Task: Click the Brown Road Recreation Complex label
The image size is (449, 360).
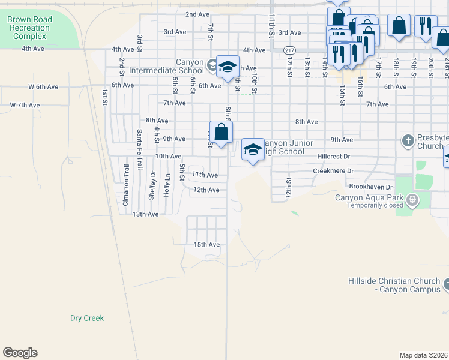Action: (29, 28)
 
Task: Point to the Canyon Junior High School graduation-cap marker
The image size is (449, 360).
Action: (253, 149)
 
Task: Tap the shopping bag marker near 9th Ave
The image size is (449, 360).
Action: (221, 133)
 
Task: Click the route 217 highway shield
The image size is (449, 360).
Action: (291, 50)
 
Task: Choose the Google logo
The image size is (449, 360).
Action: (20, 352)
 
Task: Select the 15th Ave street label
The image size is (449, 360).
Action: (206, 244)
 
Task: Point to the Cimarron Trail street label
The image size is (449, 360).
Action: (126, 186)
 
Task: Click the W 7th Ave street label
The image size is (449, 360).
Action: (25, 105)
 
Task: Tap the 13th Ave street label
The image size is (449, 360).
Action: (145, 214)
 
